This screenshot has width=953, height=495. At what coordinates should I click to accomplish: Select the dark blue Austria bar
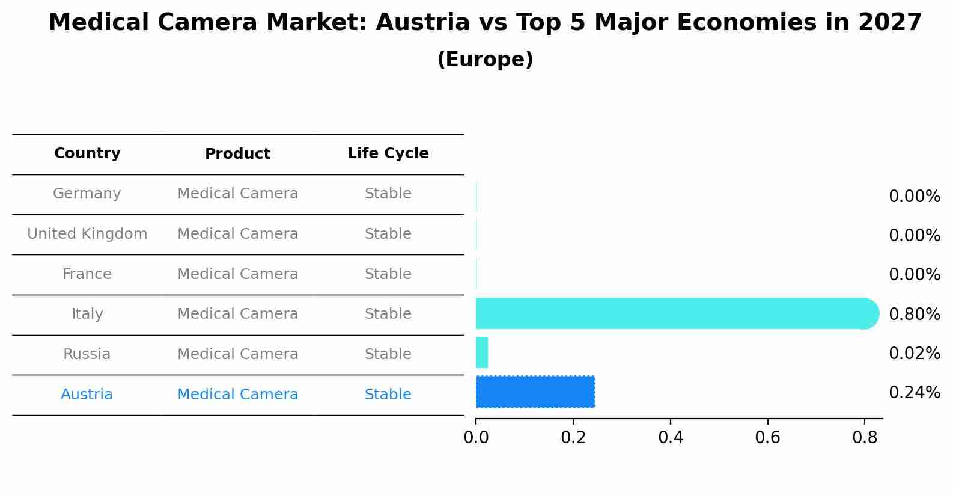point(535,392)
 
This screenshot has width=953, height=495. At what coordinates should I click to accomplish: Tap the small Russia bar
point(482,352)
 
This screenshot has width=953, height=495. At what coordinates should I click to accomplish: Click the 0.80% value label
point(914,314)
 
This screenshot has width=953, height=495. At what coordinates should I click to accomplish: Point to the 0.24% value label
point(914,393)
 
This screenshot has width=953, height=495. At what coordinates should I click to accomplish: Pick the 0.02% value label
point(914,353)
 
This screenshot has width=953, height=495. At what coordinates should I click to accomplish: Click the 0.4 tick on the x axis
point(671,438)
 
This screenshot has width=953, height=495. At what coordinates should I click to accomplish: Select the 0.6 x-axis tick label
point(767,438)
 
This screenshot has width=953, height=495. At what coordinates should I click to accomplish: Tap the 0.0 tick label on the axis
point(476,438)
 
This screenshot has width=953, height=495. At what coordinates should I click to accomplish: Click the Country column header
point(87,153)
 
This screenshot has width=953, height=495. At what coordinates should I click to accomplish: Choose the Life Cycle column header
point(388,153)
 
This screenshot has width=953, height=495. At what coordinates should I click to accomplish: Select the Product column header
point(237,154)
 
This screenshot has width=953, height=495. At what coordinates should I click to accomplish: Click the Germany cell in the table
point(87,194)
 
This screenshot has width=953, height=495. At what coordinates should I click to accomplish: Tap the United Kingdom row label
point(87,234)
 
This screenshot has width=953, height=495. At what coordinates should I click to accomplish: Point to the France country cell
point(87,274)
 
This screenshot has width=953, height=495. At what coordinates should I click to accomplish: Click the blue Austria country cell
point(87,395)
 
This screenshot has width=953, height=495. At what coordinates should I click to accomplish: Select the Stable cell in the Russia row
point(388,354)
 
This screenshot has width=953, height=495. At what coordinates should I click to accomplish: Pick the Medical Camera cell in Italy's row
point(237,314)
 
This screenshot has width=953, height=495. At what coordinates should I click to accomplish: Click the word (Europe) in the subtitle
point(485,60)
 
